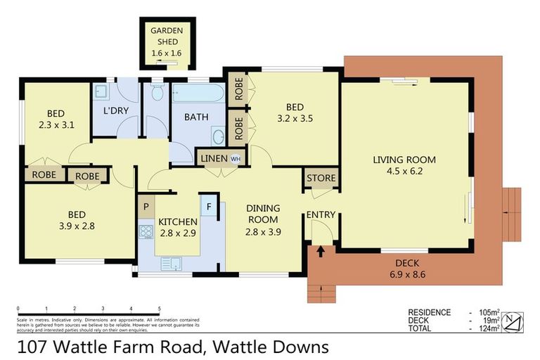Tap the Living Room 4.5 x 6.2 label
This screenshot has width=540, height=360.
coord(404,164)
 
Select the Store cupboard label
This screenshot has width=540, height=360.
coord(321,178)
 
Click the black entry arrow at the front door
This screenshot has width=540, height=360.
coord(321,250)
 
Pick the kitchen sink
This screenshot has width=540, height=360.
coord(170,264)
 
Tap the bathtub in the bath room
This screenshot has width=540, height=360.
coord(197,94)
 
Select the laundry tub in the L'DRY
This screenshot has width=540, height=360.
coord(102,92)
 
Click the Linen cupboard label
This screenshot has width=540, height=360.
coord(214,158)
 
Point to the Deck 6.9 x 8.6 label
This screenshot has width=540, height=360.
coord(407,267)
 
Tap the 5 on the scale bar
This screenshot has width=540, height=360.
coord(160,309)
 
